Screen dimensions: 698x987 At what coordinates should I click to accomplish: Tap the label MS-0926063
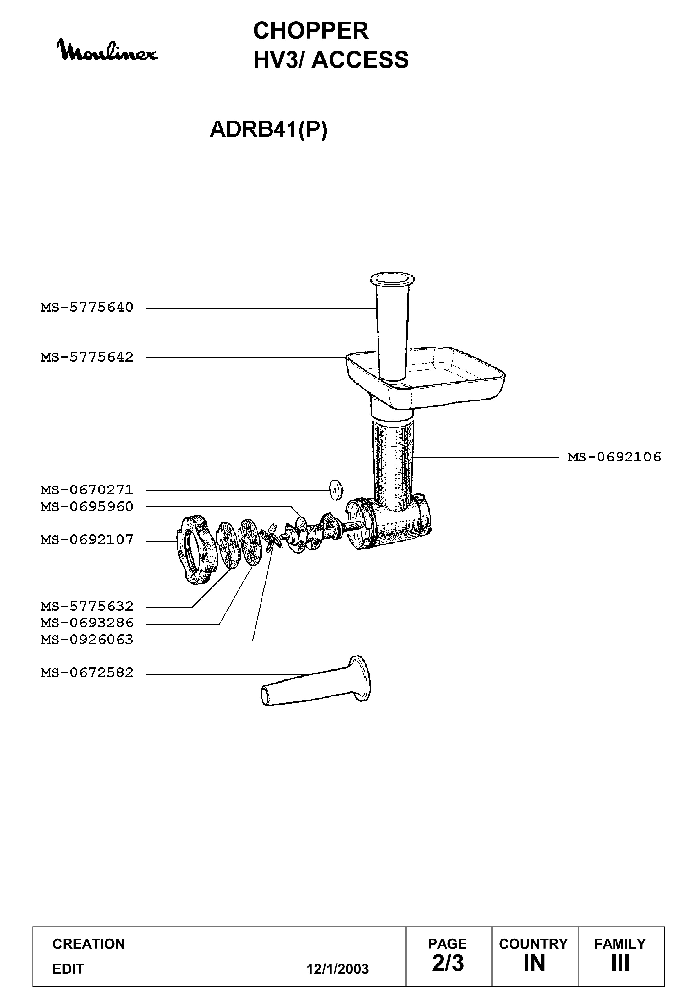pyautogui.click(x=87, y=640)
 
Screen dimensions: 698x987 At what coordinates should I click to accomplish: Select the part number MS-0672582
pyautogui.click(x=87, y=672)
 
